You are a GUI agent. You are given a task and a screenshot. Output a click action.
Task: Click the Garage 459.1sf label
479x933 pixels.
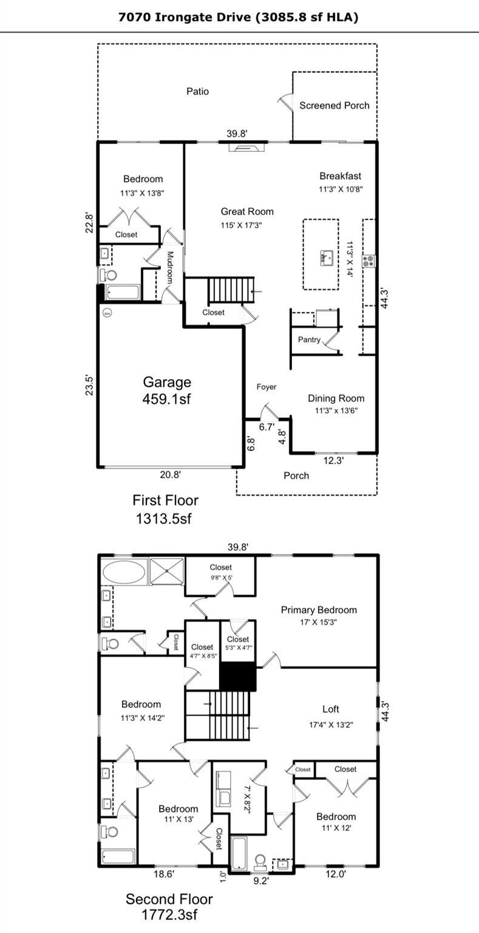[167, 390]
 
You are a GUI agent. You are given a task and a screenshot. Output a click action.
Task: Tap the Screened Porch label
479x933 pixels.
[334, 105]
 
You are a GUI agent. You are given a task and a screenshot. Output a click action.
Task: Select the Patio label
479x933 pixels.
[197, 91]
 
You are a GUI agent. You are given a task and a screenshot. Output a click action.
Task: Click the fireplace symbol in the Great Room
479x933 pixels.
[246, 146]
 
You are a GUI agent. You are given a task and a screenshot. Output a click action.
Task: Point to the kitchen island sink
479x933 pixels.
[326, 258]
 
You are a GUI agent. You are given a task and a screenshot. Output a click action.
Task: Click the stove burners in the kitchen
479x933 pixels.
[369, 261]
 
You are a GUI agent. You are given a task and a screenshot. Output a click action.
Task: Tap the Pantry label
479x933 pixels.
[309, 340]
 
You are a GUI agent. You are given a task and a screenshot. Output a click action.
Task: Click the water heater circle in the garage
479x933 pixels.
[107, 313]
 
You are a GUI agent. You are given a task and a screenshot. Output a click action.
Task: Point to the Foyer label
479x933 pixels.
[267, 387]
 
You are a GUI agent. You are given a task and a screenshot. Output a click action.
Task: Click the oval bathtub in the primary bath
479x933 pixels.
[124, 572]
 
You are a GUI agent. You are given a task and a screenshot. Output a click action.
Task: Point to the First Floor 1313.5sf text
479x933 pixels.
[165, 509]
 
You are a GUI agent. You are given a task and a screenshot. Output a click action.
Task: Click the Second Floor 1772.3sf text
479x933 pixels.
[169, 906]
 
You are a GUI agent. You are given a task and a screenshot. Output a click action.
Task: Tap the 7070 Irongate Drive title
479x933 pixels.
[238, 17]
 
